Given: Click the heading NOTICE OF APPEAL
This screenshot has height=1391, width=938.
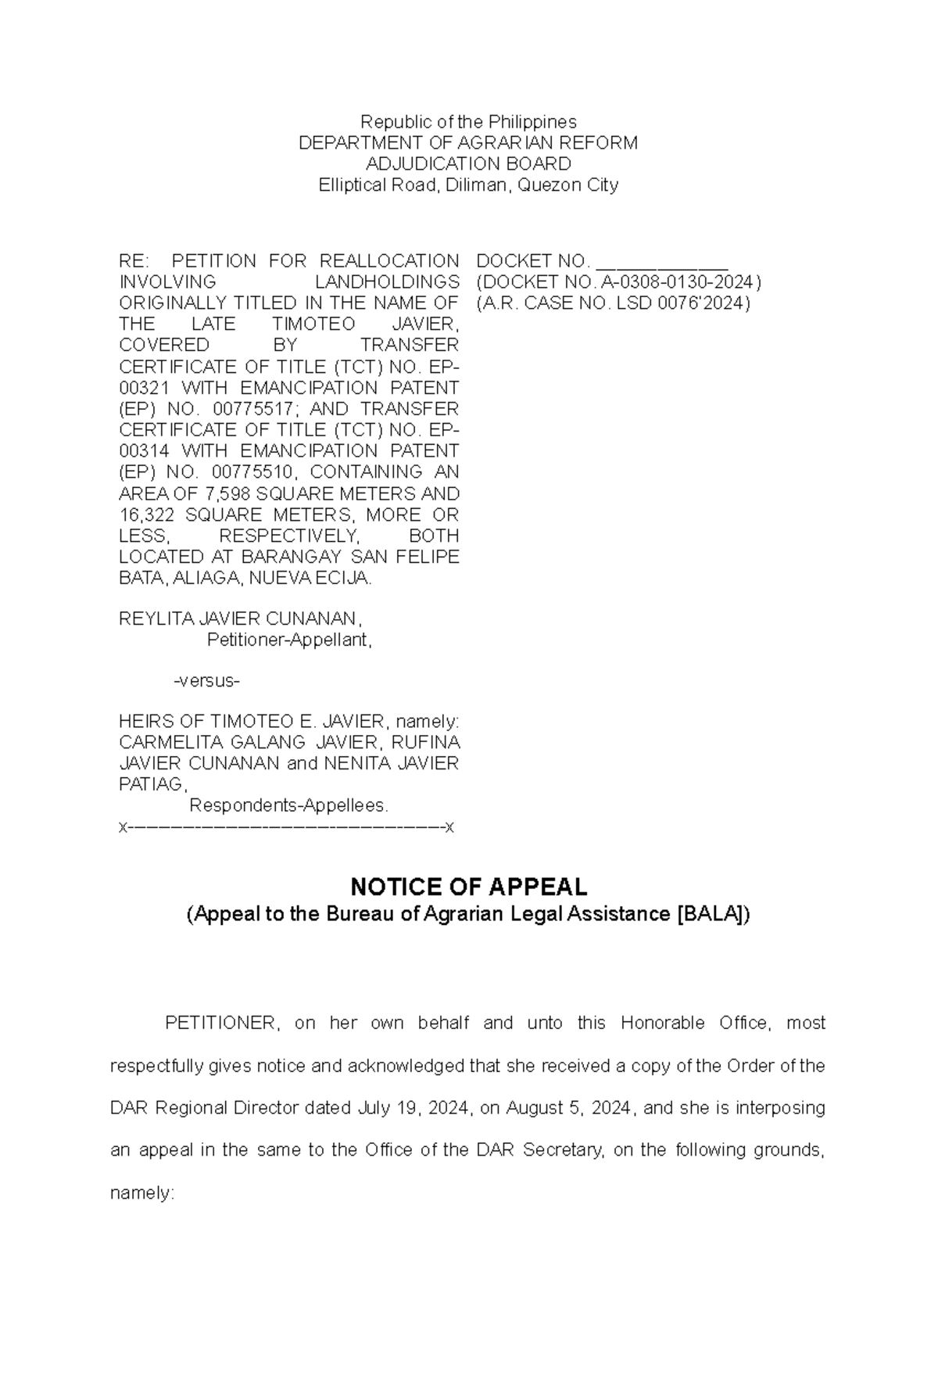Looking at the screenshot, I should [468, 887].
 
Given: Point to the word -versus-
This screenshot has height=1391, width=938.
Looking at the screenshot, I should [206, 681].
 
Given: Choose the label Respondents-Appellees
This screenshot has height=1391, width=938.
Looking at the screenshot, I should [288, 805].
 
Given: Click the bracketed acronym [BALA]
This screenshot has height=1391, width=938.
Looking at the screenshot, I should [711, 914].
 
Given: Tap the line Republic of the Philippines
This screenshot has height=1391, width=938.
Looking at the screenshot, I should [468, 122].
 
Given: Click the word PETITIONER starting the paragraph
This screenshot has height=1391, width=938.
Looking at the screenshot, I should [220, 1024].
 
